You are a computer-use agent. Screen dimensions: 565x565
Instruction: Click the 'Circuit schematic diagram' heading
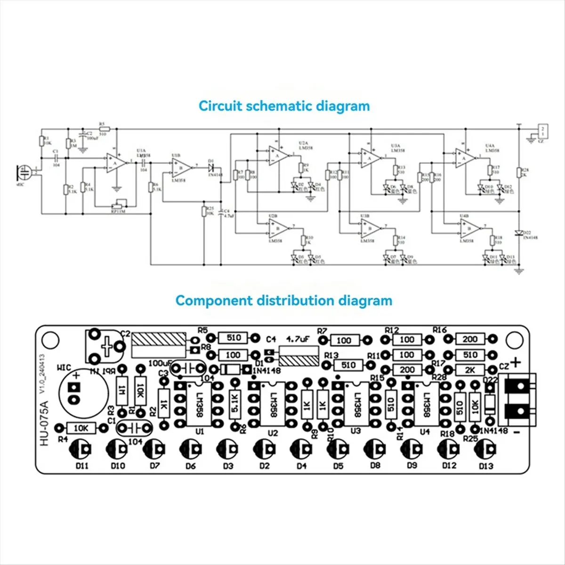(284, 105)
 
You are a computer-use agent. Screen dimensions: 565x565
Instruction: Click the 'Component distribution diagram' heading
(283, 300)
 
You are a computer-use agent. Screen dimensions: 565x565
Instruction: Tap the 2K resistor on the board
(469, 370)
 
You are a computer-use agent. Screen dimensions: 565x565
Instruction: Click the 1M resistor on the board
(122, 390)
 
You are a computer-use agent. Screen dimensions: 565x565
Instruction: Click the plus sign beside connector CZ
(517, 362)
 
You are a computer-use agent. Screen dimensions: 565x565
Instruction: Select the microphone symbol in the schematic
(24, 172)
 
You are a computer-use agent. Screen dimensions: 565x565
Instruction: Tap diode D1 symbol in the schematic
(211, 167)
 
